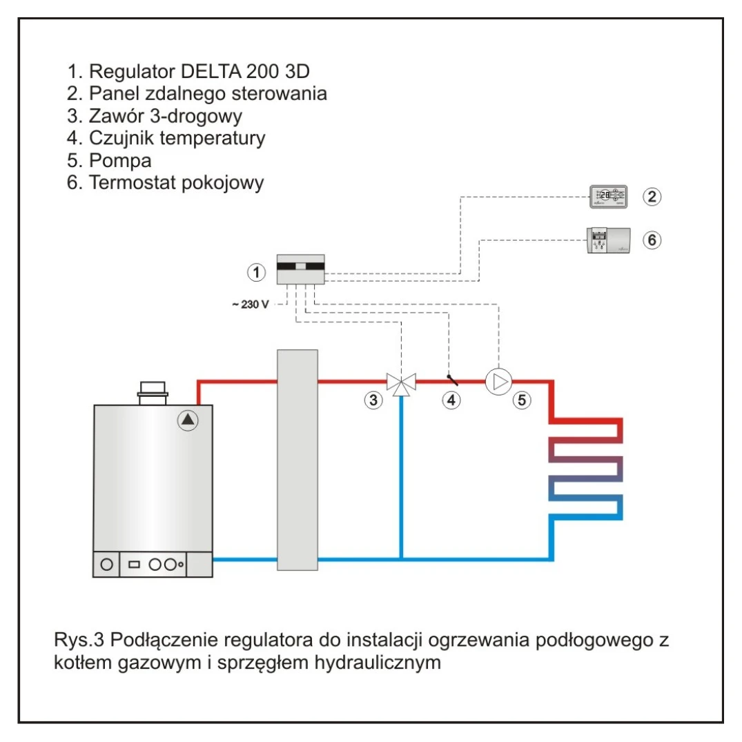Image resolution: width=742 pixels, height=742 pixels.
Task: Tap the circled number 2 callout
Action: (652, 197)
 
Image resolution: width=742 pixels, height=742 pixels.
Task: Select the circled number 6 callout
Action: (652, 240)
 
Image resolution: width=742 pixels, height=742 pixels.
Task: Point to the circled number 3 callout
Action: (373, 399)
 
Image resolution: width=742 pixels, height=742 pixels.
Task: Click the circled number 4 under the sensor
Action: (451, 399)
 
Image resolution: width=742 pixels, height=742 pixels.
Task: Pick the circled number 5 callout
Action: (522, 399)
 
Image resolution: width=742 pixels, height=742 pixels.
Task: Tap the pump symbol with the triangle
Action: (499, 381)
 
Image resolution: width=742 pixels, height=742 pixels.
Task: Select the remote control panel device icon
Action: (608, 197)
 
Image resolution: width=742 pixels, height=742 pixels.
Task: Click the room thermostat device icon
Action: (607, 240)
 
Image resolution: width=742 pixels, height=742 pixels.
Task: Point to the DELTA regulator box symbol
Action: (300, 269)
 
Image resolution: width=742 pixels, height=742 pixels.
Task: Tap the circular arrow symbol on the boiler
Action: (188, 420)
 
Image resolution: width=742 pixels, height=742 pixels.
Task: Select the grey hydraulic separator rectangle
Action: (297, 460)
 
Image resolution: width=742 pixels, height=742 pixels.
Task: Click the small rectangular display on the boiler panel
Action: (134, 564)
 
